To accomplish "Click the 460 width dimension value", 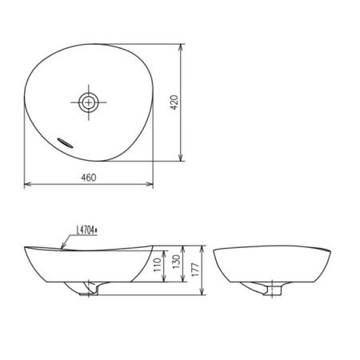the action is point(89,178).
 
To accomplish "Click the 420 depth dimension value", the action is point(174,102).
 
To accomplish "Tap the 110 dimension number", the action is point(158,265).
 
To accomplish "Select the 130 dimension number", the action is point(176,262).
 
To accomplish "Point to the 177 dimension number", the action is point(195,270).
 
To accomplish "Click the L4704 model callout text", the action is point(87,230).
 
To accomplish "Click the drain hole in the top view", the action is point(89,102).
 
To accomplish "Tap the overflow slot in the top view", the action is point(65,143).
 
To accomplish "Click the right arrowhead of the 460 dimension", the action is point(150,184).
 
